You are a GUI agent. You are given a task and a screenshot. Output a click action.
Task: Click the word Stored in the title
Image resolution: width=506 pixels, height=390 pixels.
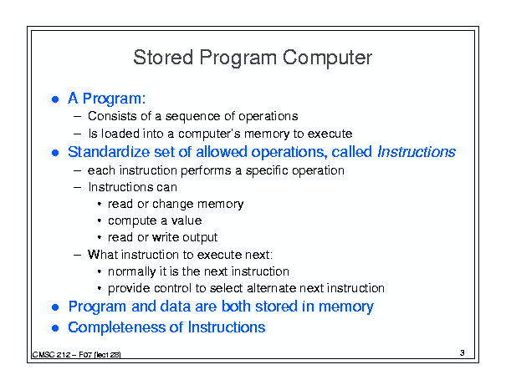(x=163, y=58)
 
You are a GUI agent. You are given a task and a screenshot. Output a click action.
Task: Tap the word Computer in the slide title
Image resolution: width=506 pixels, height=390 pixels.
(x=327, y=58)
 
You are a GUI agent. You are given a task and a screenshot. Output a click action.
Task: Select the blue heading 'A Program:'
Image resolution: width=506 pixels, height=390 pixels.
(x=106, y=99)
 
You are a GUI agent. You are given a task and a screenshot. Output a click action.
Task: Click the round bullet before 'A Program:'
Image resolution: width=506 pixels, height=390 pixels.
(x=55, y=99)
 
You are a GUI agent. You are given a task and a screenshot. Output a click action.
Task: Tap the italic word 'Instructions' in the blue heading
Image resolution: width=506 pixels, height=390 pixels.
(x=417, y=151)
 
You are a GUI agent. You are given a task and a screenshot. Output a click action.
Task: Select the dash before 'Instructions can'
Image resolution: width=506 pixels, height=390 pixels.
(x=77, y=187)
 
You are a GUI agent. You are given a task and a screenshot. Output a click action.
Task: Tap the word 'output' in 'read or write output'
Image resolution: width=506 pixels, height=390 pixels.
(x=200, y=238)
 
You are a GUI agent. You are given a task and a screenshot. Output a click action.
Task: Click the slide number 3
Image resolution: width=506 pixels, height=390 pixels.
(x=463, y=353)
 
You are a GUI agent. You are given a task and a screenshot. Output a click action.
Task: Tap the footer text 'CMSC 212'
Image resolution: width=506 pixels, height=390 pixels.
(x=51, y=355)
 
